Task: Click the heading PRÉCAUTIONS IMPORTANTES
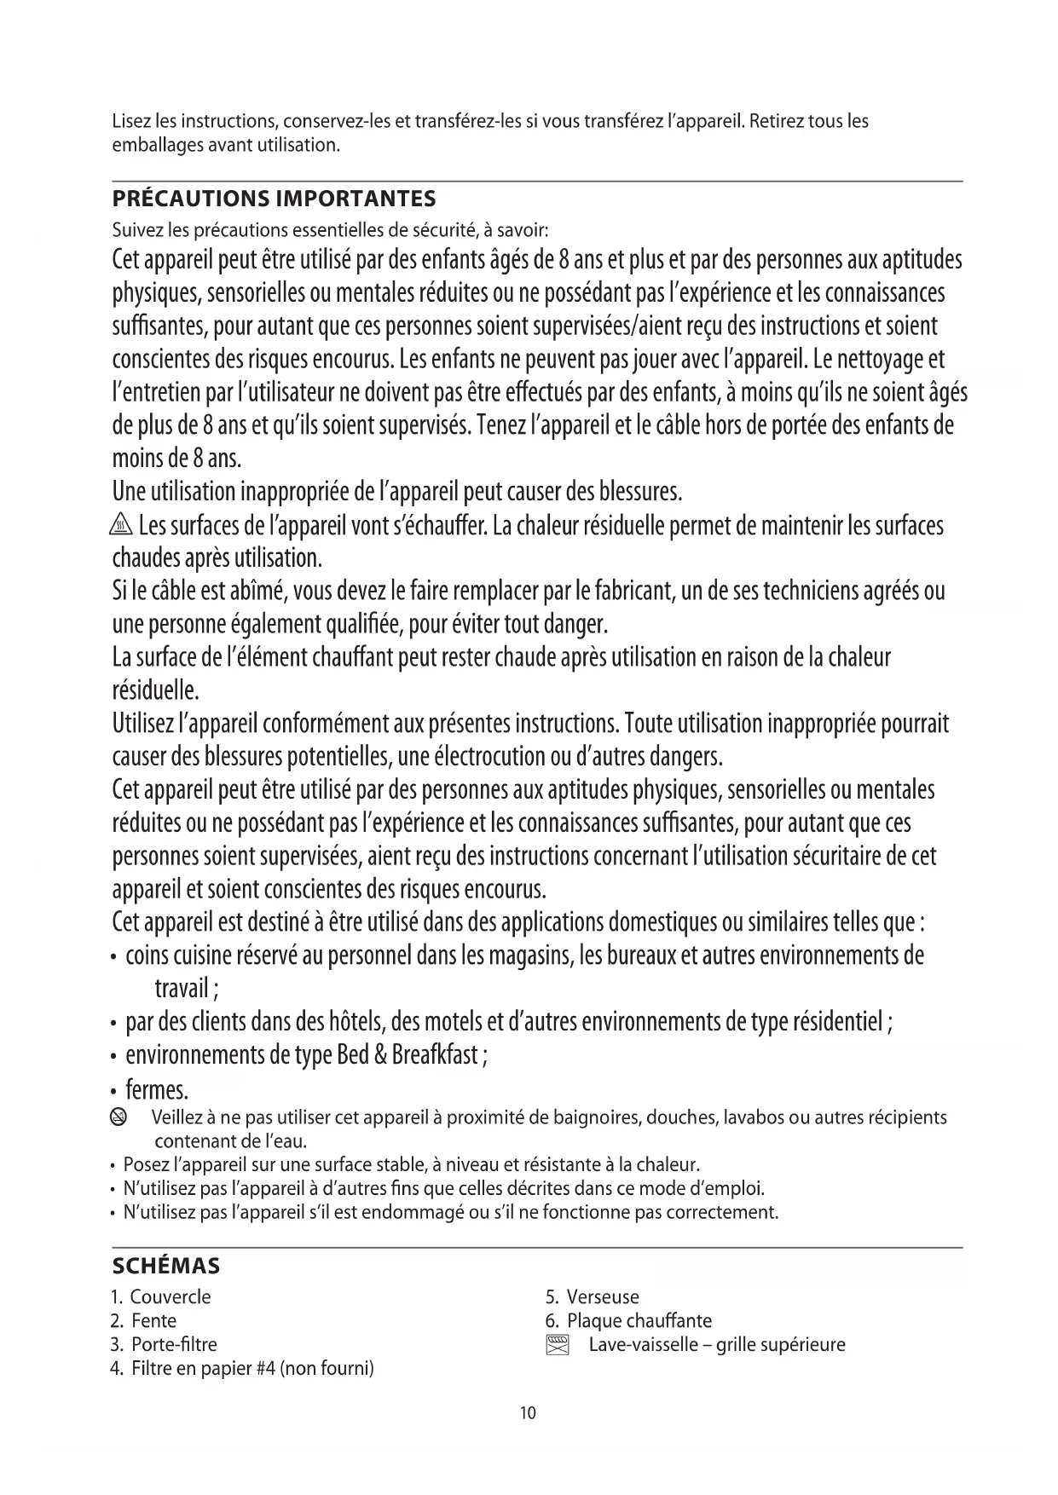[x=274, y=199]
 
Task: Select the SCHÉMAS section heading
[x=166, y=1266]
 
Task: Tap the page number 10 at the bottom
[x=528, y=1413]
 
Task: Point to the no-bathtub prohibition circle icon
[x=120, y=1117]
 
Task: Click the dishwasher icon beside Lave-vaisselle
[x=557, y=1346]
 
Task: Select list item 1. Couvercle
[x=161, y=1297]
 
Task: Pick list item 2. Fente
[x=144, y=1321]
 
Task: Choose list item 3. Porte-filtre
[x=164, y=1345]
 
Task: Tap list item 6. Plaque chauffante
[x=629, y=1321]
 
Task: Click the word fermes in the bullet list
[x=157, y=1090]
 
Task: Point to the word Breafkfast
[x=436, y=1055]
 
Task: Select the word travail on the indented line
[x=182, y=989]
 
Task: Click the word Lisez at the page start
[x=131, y=121]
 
